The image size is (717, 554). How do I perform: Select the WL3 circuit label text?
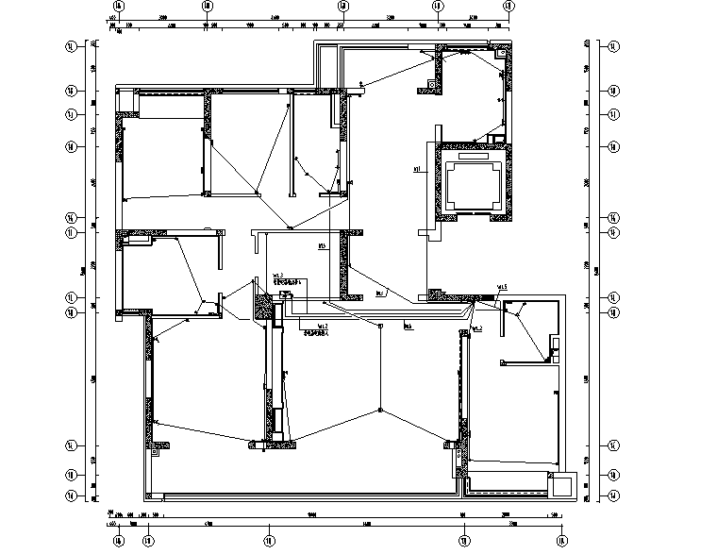278,276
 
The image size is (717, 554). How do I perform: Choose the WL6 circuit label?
409,327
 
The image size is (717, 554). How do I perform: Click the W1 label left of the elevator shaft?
416,171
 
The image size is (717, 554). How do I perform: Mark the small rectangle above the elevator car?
493,141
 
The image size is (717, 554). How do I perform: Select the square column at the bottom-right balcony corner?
562,486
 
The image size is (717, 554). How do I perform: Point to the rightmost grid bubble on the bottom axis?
562,541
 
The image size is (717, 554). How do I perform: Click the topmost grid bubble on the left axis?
70,45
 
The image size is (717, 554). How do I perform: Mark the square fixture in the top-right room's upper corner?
433,84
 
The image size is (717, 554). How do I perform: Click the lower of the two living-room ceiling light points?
379,410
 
